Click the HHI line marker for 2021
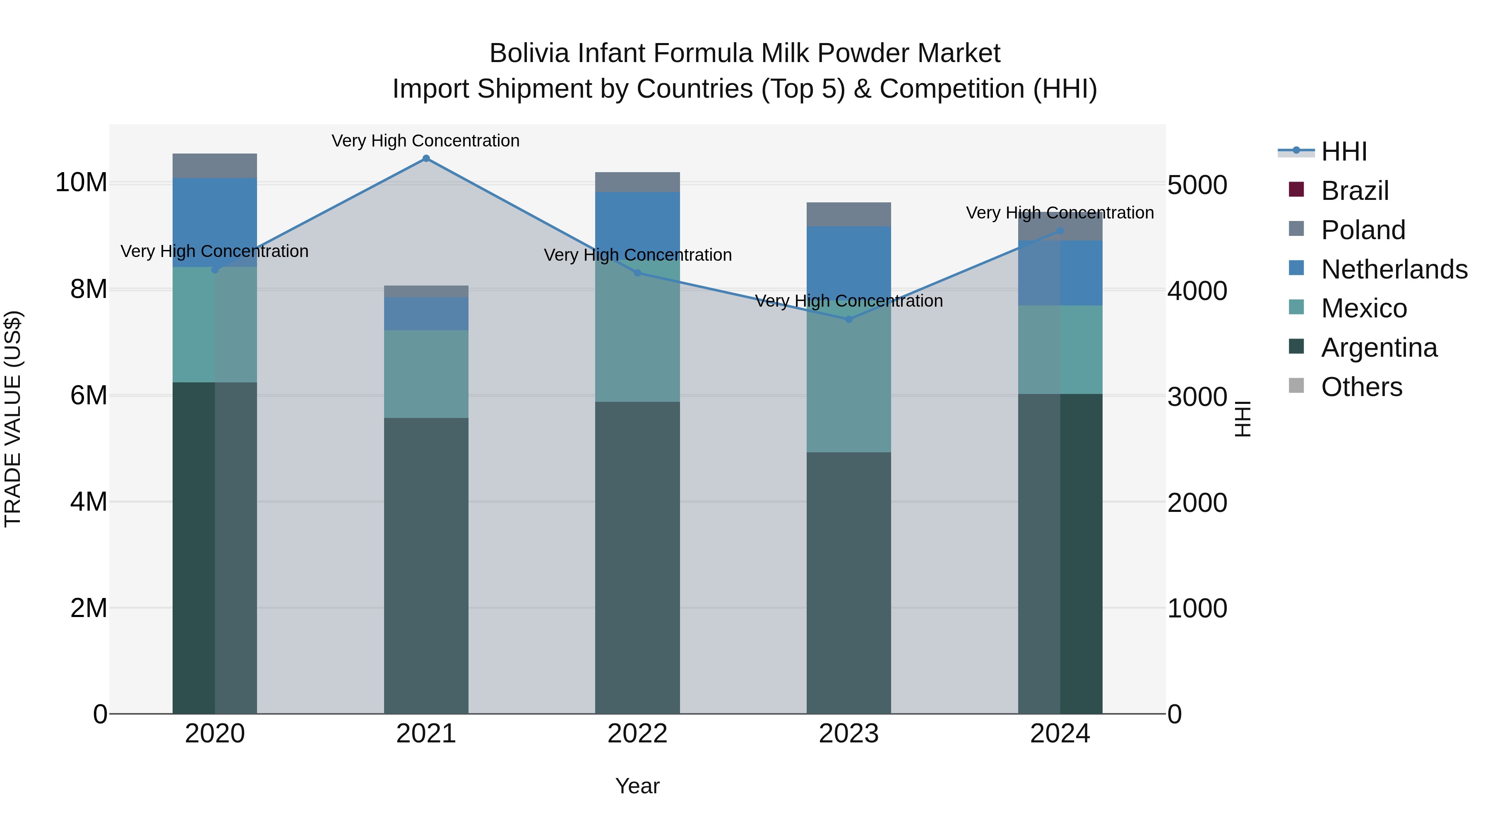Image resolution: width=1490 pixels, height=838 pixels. coord(426,158)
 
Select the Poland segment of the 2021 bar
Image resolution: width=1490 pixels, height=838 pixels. coord(426,291)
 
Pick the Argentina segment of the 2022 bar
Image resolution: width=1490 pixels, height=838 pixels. coord(637,558)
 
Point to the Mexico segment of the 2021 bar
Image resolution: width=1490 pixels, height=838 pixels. coord(426,374)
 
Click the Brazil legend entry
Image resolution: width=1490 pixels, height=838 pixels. coord(1355,191)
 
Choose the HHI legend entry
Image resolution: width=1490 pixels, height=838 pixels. coord(1343,151)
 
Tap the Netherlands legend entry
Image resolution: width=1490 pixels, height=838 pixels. coord(1394,269)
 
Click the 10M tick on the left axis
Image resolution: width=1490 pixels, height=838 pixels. coord(81,183)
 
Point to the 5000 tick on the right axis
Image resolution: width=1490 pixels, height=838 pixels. coord(1197,186)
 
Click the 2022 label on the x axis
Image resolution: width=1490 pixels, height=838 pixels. coord(637,734)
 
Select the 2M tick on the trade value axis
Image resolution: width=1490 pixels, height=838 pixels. coord(89,608)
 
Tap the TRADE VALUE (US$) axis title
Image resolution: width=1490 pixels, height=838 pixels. coord(13,419)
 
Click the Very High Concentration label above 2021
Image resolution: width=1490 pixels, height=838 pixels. coord(426,141)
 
